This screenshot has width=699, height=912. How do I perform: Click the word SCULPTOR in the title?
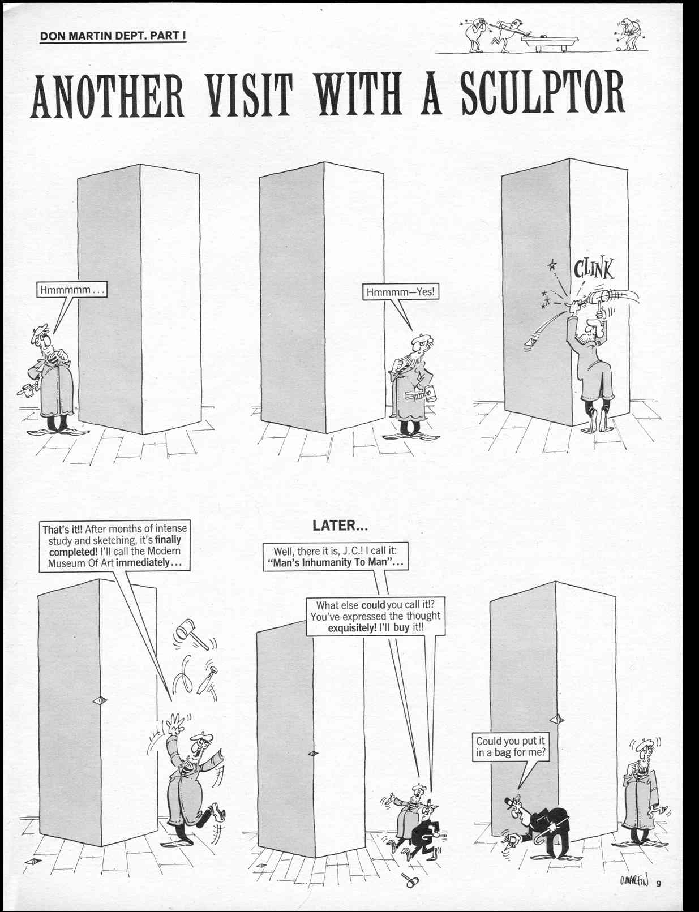[543, 93]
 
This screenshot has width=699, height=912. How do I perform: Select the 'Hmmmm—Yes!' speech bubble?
[401, 292]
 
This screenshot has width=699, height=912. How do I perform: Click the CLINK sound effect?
[593, 269]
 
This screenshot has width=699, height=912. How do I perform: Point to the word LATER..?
[340, 526]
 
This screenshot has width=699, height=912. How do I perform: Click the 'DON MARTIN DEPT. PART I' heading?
[113, 36]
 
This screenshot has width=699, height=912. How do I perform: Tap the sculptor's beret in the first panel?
[40, 329]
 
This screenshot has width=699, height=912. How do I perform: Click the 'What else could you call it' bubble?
[375, 616]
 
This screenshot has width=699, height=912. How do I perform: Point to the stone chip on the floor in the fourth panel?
[33, 861]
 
